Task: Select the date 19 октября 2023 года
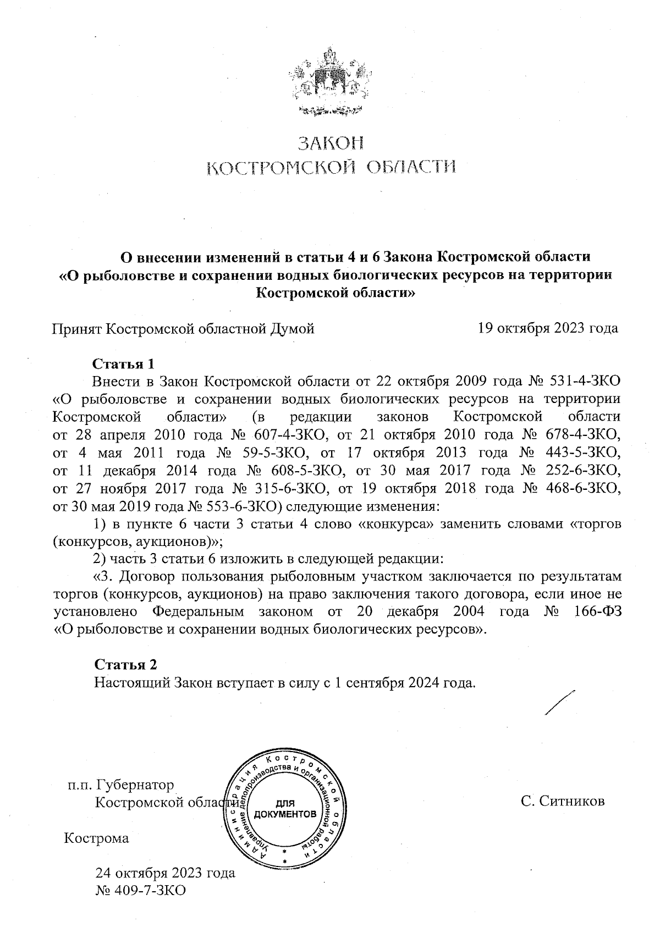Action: pos(548,329)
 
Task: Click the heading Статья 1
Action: pos(125,364)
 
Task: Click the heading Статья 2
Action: pos(126,665)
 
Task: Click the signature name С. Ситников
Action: pos(563,800)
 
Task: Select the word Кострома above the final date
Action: pos(97,838)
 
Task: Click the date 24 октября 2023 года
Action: pos(165,873)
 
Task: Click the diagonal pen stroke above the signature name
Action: pos(559,703)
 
